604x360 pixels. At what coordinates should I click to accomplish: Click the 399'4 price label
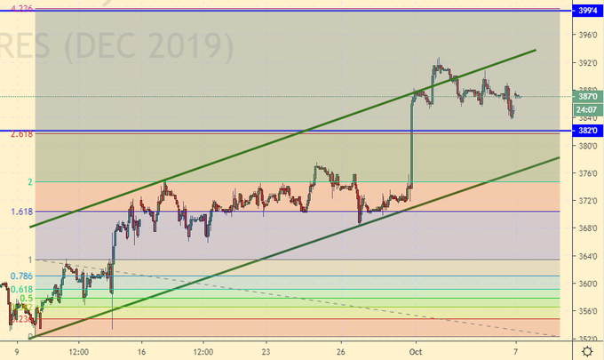pos(586,11)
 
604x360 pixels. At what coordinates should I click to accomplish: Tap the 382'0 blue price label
pos(586,130)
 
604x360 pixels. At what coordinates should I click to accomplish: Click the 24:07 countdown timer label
pos(585,108)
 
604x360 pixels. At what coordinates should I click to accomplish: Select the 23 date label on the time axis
pos(266,351)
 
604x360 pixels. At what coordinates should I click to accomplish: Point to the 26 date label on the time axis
pos(340,351)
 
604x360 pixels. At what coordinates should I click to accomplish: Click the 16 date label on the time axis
pos(140,351)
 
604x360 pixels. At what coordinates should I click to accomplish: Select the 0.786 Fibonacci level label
pos(21,276)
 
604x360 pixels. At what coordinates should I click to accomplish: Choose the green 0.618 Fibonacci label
pos(21,290)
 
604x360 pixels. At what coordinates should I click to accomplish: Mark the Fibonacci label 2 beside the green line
pos(30,182)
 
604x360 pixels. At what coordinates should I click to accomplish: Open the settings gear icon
pos(587,351)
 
